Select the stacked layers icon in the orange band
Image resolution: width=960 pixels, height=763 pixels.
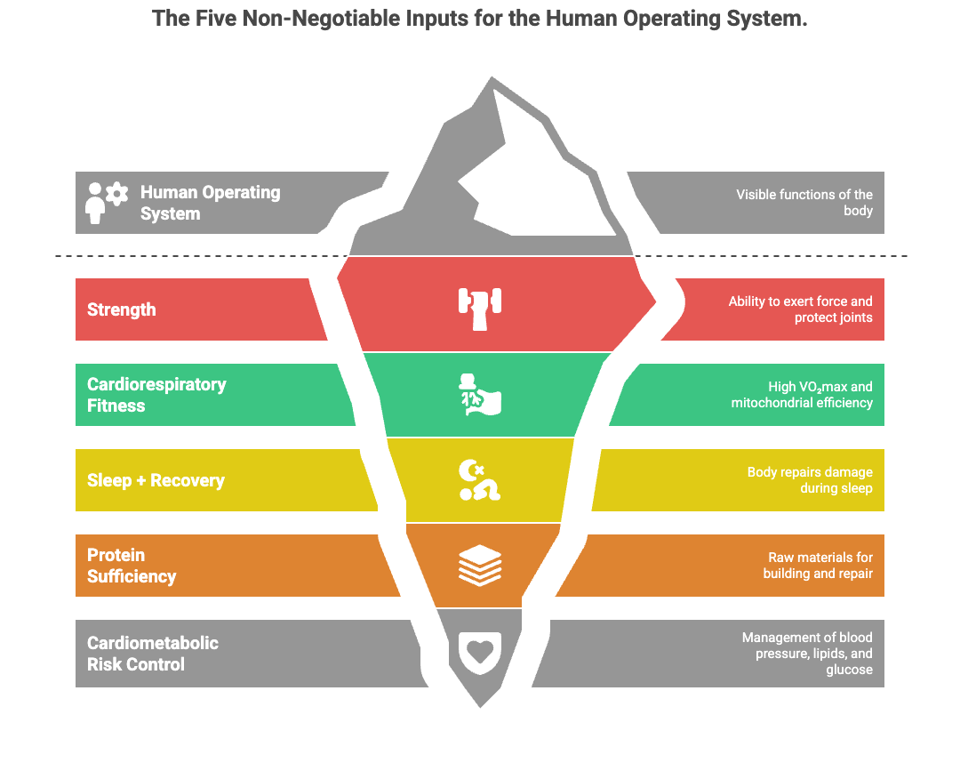[480, 566]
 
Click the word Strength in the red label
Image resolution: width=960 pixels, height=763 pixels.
[122, 309]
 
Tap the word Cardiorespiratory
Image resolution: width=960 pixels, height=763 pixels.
[156, 384]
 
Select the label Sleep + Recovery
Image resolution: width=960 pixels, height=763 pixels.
[156, 480]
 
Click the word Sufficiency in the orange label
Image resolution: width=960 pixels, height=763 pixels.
[132, 576]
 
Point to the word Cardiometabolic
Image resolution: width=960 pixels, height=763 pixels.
[153, 643]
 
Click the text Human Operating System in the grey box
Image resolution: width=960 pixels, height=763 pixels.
[210, 203]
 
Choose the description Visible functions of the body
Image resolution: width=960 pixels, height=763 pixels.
[804, 203]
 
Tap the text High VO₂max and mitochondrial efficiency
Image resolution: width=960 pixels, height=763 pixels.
[802, 395]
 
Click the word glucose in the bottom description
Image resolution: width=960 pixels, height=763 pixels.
[849, 670]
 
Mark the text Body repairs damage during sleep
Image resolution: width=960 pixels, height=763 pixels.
[810, 480]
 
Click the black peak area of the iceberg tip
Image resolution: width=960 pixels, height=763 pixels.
[533, 178]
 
